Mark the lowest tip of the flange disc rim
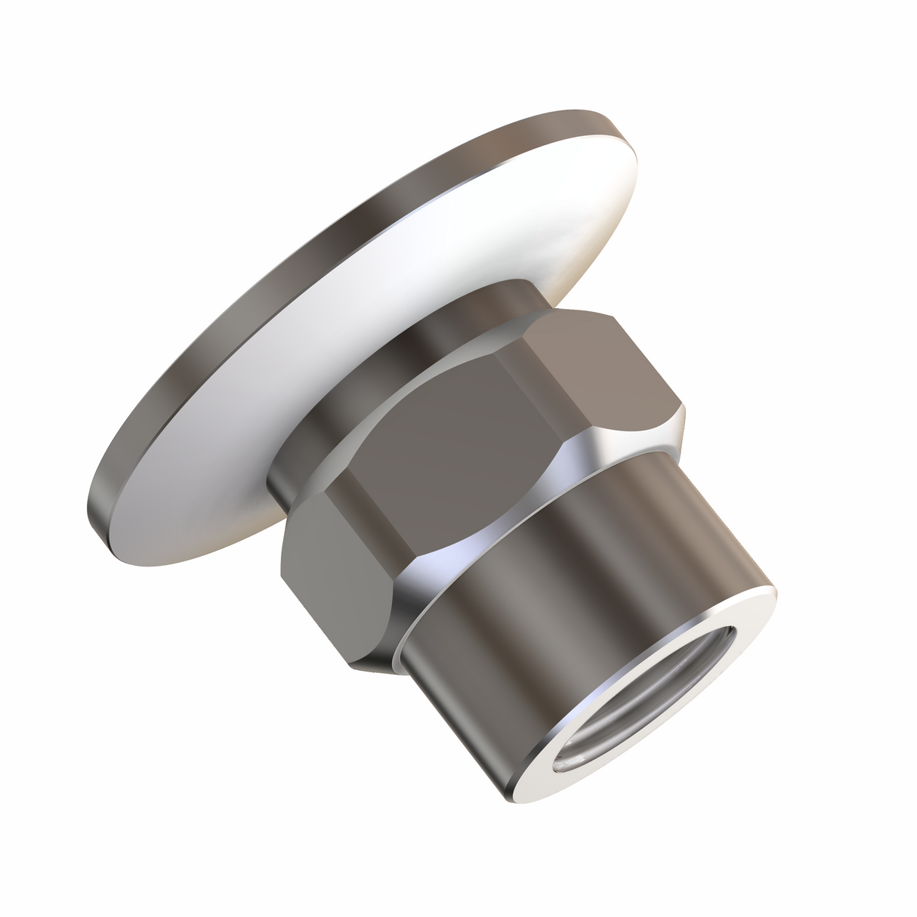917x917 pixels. coord(102,529)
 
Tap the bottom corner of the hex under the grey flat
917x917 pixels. coord(355,665)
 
